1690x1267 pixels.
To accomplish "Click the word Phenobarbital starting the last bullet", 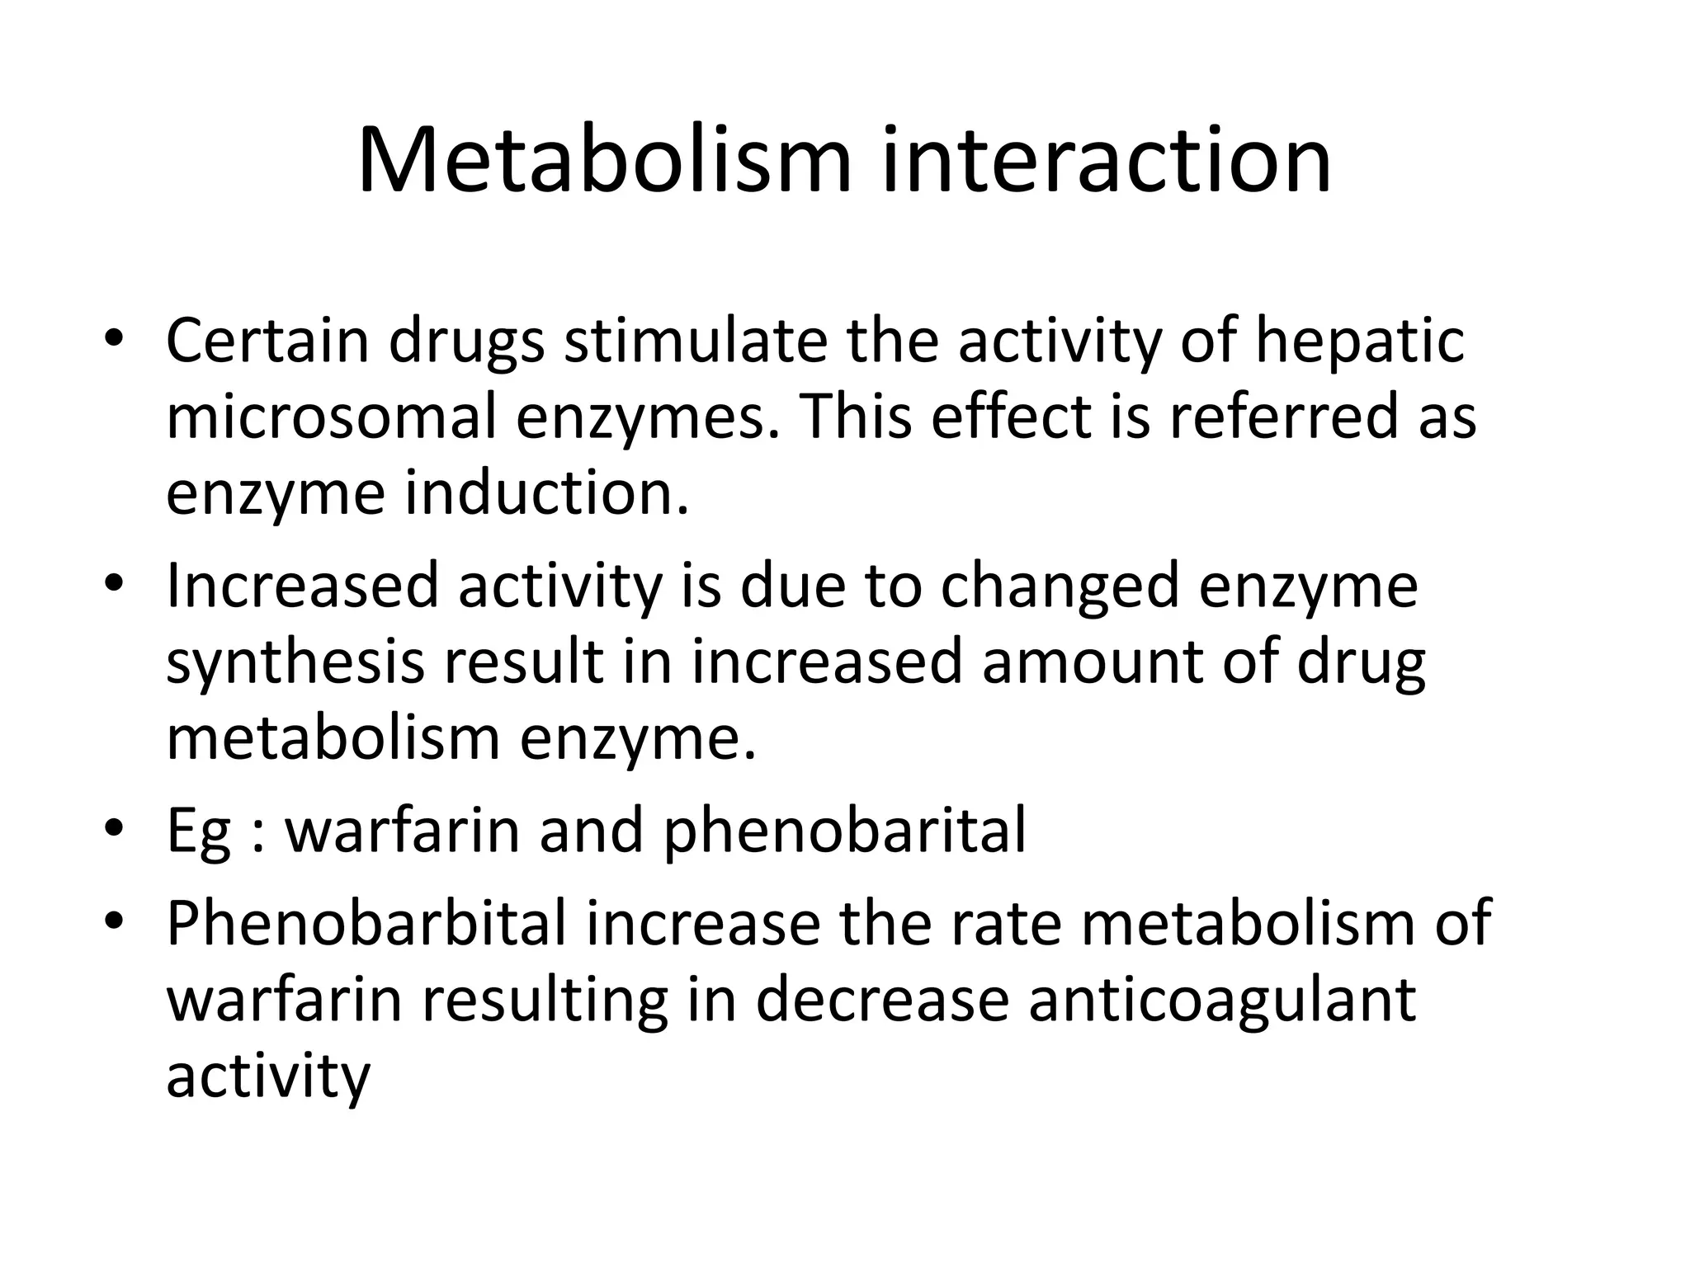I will pyautogui.click(x=366, y=922).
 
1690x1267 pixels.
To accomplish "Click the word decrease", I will pyautogui.click(x=881, y=999).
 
